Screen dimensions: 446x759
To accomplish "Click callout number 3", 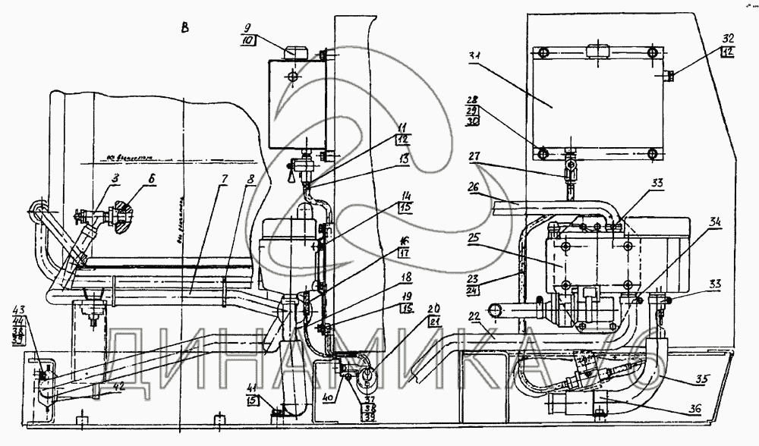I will pyautogui.click(x=116, y=179).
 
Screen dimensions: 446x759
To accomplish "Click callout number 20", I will pyautogui.click(x=433, y=310).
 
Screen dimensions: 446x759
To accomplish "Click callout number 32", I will pyautogui.click(x=728, y=37).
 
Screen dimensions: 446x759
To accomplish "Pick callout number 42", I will pyautogui.click(x=118, y=385).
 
